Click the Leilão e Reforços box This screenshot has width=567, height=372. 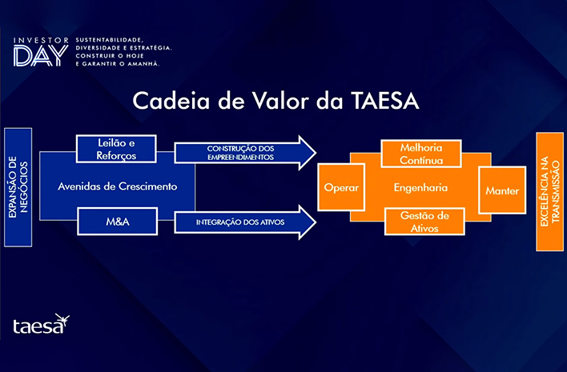tap(116, 149)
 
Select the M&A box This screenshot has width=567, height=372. tap(118, 222)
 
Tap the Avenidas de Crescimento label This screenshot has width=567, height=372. tap(118, 186)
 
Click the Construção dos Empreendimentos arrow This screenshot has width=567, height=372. tap(245, 153)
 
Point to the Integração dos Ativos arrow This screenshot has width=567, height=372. tap(245, 222)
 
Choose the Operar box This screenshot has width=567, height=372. tap(341, 187)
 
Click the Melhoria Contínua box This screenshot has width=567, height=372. tap(421, 154)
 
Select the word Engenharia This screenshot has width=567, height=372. tap(420, 188)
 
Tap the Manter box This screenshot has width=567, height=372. tap(502, 190)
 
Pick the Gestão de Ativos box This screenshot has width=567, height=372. tap(424, 222)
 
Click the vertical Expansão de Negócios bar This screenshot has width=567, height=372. tap(18, 187)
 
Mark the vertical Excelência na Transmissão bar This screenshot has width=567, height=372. tap(550, 192)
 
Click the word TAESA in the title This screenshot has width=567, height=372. tap(385, 101)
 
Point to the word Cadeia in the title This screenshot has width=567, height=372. tap(171, 101)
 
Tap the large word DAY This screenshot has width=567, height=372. tap(41, 56)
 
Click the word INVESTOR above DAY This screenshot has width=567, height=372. tap(41, 41)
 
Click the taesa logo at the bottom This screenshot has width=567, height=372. tap(41, 324)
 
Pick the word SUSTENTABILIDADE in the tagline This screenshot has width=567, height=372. tap(110, 40)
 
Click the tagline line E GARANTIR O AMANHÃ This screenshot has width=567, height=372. tap(118, 64)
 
